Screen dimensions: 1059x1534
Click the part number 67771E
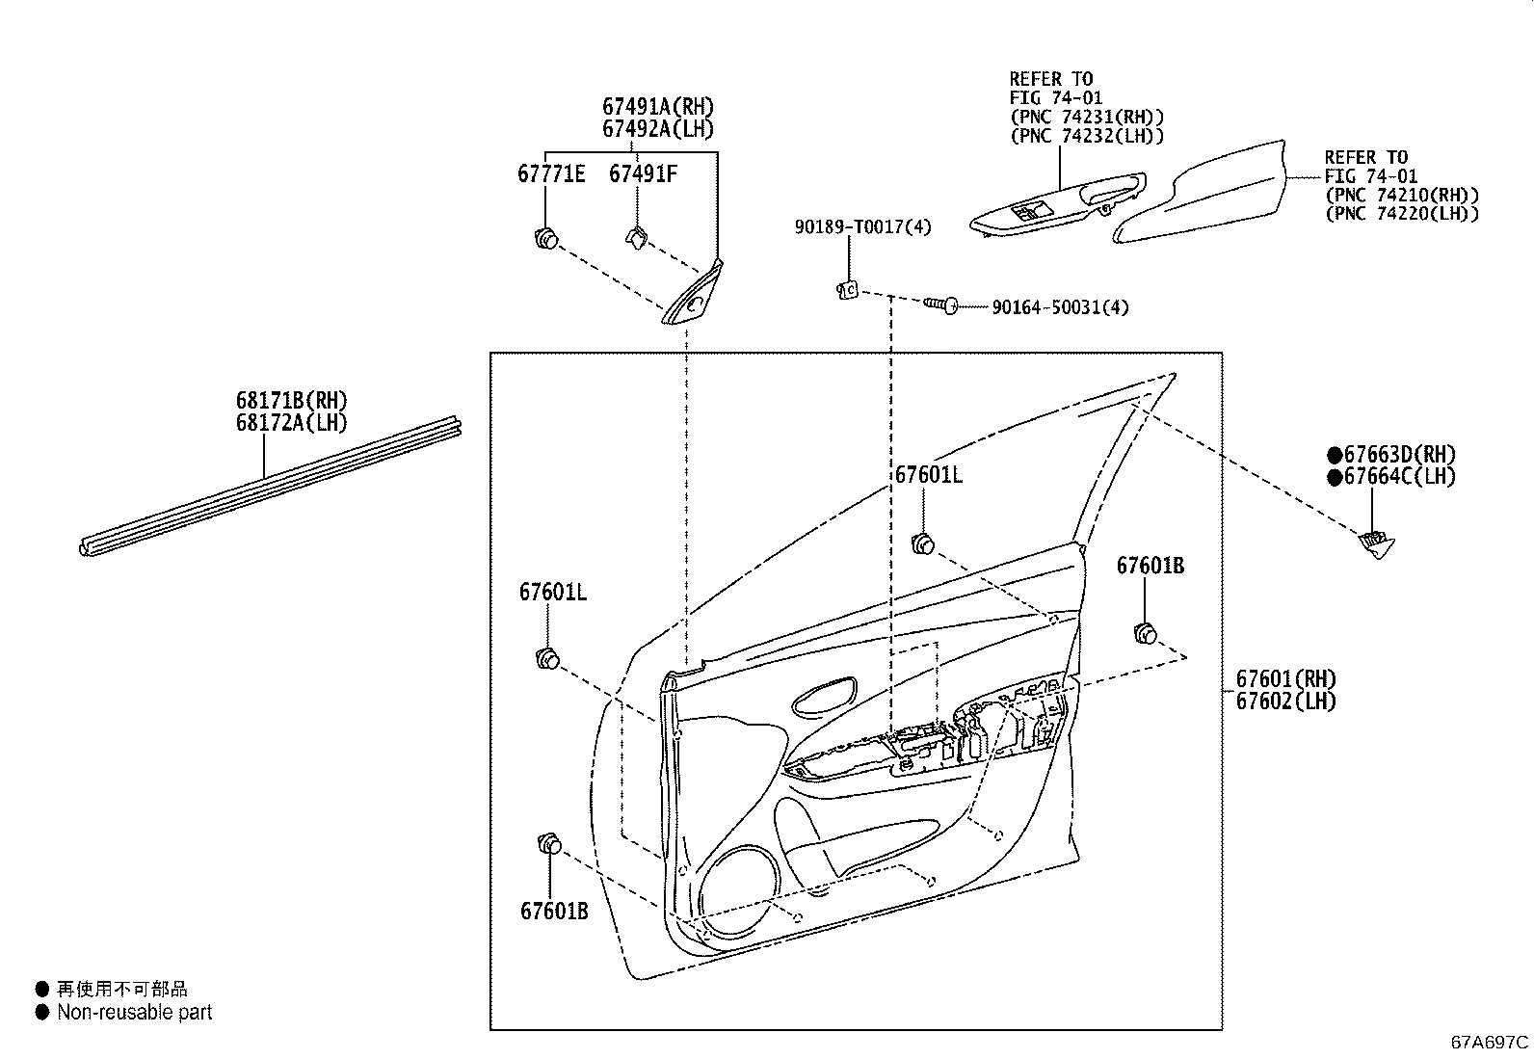tap(551, 175)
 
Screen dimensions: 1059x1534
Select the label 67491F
tap(642, 175)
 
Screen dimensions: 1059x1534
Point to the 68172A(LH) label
tap(291, 422)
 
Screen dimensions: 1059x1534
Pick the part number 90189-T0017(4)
tap(862, 227)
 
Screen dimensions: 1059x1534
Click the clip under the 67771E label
tap(547, 236)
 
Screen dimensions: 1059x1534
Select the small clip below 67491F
tap(638, 236)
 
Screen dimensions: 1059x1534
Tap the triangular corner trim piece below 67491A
tap(695, 295)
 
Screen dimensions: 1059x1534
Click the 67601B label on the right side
tap(1150, 567)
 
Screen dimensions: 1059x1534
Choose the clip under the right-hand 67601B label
tap(1145, 633)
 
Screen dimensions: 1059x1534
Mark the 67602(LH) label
tap(1286, 702)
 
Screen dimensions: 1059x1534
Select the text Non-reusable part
tap(134, 1013)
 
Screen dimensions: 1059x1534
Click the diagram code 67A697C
tap(1490, 1043)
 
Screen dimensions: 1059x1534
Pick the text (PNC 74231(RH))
tap(1086, 117)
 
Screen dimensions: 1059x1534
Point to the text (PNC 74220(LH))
tap(1401, 214)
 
